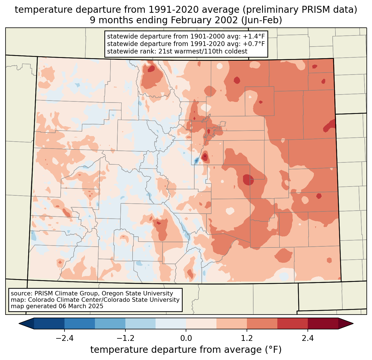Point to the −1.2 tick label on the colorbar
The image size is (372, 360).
point(125,338)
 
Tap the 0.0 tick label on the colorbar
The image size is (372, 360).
point(186,338)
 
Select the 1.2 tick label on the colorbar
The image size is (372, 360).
point(247,338)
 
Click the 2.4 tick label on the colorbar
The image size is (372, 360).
point(308,338)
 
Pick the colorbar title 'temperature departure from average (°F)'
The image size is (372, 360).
point(186,350)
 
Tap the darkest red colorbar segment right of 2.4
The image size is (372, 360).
point(323,323)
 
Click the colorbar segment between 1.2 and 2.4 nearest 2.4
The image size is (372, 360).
point(293,323)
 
